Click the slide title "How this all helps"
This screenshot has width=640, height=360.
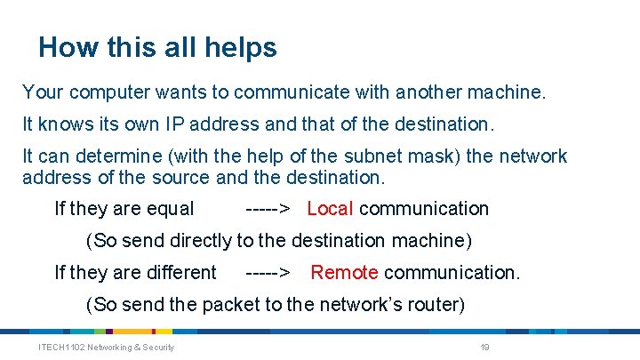[157, 47]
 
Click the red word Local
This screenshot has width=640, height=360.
[330, 209]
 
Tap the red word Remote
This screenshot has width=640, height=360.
[344, 272]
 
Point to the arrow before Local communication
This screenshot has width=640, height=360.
[267, 209]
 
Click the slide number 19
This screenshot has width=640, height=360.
[484, 347]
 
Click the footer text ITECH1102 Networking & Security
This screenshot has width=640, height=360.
[106, 347]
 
